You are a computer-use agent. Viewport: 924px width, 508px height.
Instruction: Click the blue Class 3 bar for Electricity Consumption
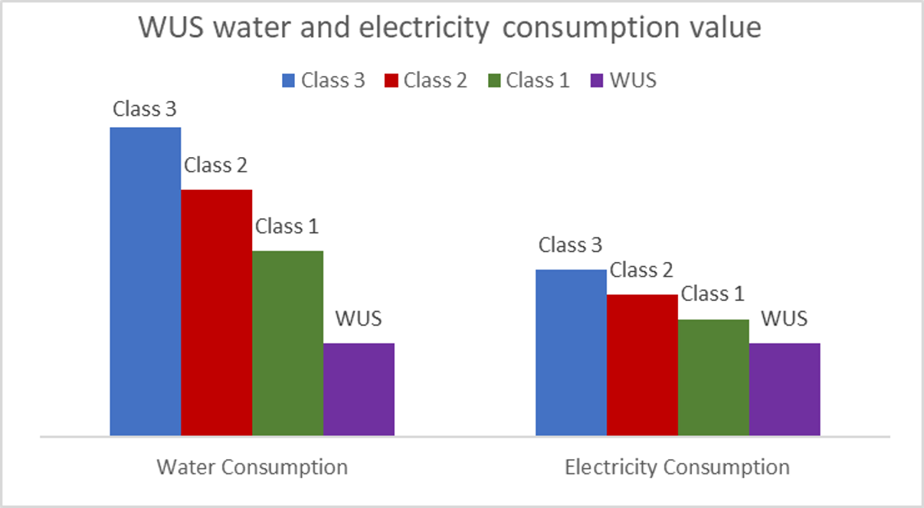(x=571, y=352)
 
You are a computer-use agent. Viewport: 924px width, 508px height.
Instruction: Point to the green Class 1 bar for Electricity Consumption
(x=713, y=377)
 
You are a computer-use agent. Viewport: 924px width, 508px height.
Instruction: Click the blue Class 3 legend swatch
(x=288, y=80)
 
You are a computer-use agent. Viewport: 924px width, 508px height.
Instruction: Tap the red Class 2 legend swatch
(x=391, y=80)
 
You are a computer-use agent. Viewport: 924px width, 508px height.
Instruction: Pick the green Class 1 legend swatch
(x=493, y=80)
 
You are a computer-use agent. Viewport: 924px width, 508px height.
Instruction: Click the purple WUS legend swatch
(x=597, y=80)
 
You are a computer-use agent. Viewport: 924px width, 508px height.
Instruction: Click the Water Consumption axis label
(x=252, y=467)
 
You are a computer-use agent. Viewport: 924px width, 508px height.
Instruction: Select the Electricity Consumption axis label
(x=677, y=467)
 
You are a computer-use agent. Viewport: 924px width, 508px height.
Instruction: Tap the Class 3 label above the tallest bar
(x=145, y=109)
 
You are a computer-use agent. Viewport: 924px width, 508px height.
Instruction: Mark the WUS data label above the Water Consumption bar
(x=358, y=318)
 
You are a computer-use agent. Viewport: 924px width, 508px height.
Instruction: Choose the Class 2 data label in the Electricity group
(x=642, y=270)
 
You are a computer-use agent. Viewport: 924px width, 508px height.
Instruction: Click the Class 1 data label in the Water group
(x=287, y=226)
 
